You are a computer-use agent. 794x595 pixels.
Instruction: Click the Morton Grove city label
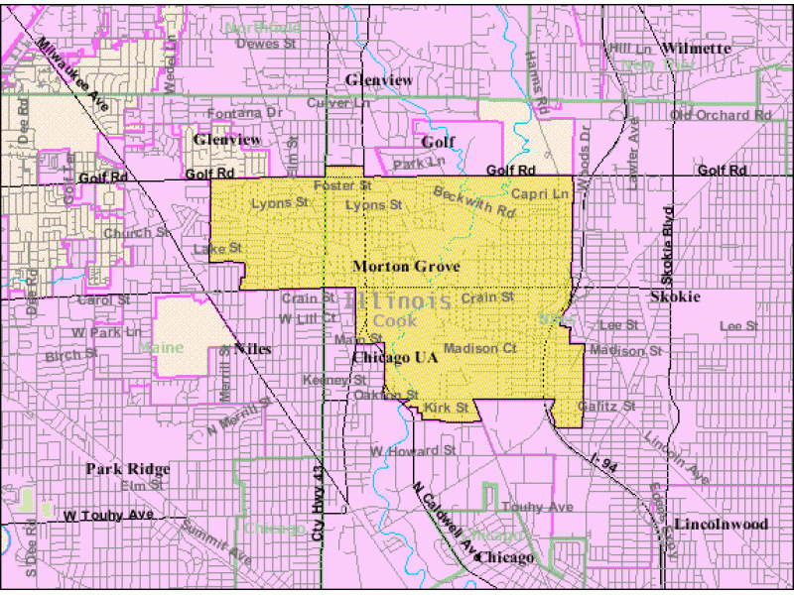[x=397, y=267]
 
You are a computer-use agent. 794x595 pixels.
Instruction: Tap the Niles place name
[x=252, y=349]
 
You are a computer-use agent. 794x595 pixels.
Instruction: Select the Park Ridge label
[x=127, y=469]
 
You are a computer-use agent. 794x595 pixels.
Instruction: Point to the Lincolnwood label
[x=721, y=524]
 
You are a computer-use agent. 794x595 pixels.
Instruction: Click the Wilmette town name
[x=697, y=48]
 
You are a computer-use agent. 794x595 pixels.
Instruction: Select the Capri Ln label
[x=540, y=194]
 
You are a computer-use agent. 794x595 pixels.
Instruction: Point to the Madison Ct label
[x=480, y=348]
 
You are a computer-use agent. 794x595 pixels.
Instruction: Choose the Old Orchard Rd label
[x=721, y=115]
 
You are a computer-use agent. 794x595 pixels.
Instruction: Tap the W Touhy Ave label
[x=109, y=516]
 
